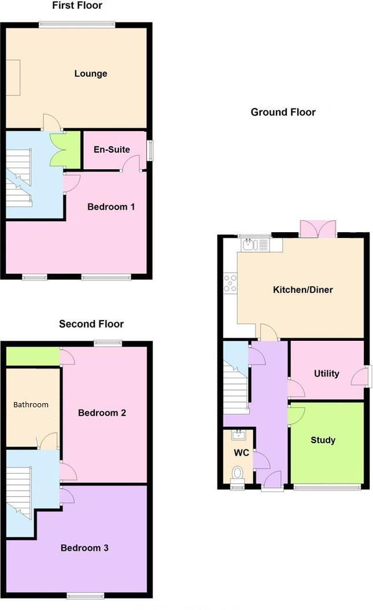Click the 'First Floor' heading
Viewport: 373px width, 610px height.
click(x=77, y=6)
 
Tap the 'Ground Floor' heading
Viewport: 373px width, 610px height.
click(x=283, y=112)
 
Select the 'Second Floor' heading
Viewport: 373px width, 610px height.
click(x=91, y=324)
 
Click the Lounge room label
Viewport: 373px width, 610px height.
click(x=91, y=74)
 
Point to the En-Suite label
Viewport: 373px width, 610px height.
click(x=112, y=150)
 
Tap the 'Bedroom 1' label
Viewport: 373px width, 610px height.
click(x=111, y=207)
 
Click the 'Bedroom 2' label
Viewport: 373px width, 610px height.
click(x=102, y=413)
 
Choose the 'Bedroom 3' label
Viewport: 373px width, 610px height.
click(x=84, y=548)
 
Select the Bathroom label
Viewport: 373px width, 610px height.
click(x=31, y=404)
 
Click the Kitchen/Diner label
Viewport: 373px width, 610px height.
click(x=303, y=289)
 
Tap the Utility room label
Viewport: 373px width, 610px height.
click(x=326, y=374)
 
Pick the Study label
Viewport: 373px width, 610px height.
click(x=323, y=440)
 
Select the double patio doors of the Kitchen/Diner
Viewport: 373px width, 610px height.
click(x=317, y=229)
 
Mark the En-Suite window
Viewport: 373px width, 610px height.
click(x=150, y=151)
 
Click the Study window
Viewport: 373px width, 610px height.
click(x=327, y=487)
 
